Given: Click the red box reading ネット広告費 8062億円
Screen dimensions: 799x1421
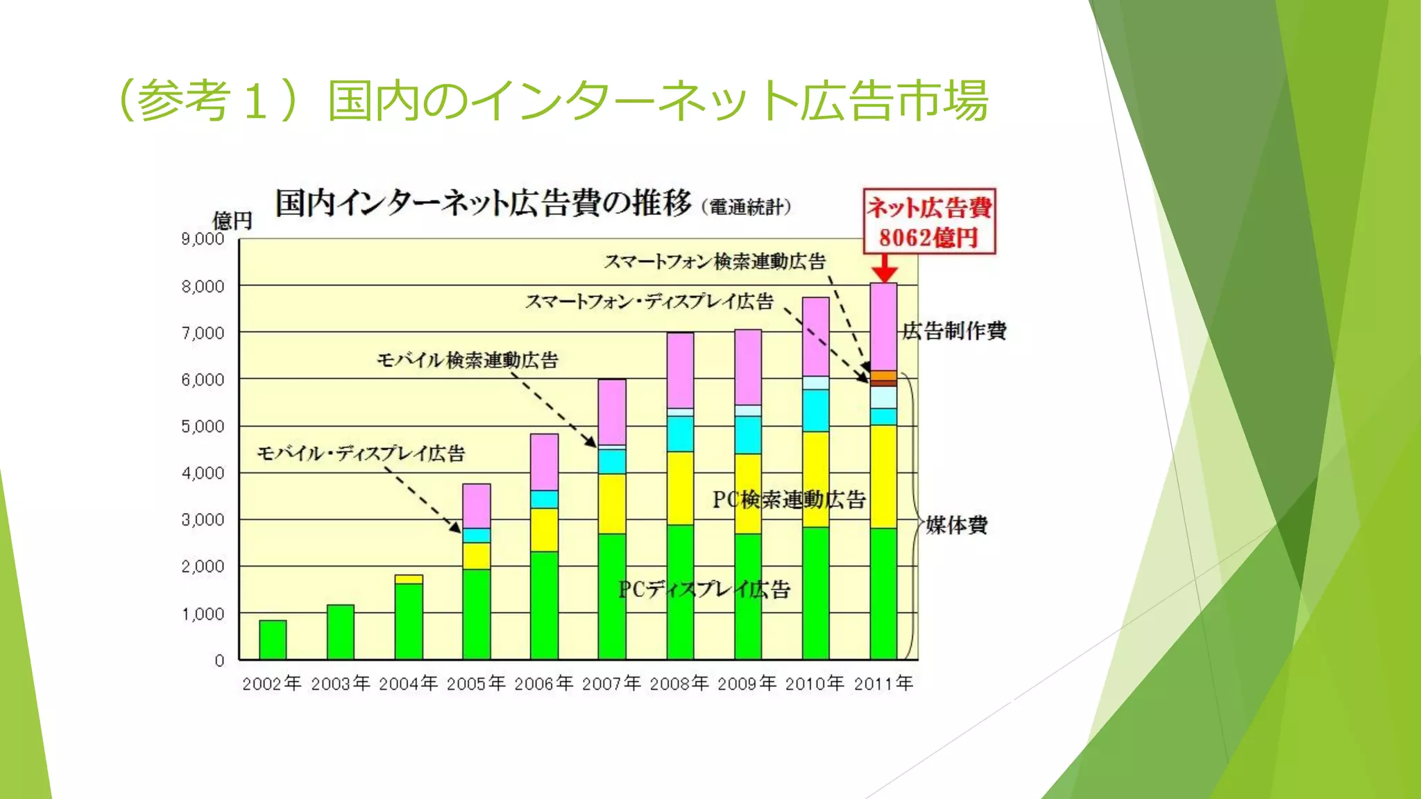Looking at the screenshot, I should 929,221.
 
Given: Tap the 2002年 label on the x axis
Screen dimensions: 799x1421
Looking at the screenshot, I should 272,684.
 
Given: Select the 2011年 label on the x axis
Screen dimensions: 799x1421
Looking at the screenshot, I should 883,684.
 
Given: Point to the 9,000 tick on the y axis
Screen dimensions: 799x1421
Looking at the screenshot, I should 203,239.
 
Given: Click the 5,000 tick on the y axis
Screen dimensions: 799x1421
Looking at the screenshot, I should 203,427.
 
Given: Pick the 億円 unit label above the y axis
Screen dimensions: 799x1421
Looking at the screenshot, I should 232,221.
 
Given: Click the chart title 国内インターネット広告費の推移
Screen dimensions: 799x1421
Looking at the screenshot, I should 483,203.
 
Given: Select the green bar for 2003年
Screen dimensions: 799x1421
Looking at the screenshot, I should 340,632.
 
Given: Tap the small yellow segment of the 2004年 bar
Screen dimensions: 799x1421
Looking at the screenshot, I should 409,579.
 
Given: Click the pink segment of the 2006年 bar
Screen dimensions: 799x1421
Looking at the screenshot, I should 544,462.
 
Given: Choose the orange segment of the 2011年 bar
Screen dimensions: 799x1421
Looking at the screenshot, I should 883,375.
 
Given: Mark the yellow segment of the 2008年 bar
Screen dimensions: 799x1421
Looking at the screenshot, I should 680,488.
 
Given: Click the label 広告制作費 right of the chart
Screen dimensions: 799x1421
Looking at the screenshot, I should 954,331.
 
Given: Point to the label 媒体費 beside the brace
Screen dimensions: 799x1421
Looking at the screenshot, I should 956,525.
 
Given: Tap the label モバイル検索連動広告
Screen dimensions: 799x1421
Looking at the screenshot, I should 467,360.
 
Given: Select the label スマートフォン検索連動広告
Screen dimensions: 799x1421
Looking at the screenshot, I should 714,261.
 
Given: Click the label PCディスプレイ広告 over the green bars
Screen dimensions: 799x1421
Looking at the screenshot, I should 704,590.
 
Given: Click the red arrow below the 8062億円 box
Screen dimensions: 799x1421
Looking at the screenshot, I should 884,268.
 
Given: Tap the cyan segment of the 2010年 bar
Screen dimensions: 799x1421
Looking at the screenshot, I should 815,411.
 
